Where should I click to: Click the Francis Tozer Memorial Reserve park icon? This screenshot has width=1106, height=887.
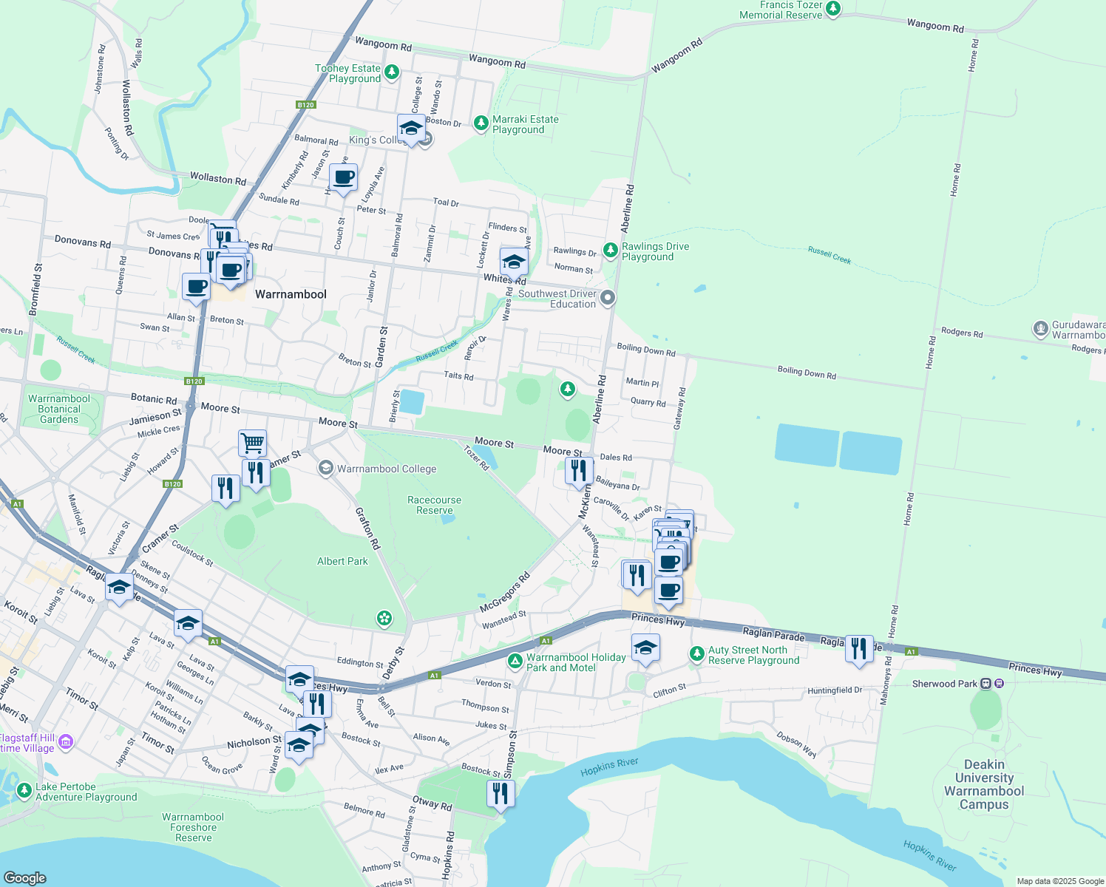click(x=833, y=9)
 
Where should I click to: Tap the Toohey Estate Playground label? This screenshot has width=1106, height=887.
click(x=348, y=73)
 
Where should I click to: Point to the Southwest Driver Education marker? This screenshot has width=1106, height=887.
click(x=608, y=298)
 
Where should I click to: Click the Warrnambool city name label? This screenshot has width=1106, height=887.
click(x=291, y=294)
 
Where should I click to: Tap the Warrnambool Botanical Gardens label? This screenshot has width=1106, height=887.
click(x=59, y=409)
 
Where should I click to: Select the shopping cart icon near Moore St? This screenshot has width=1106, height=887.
click(x=252, y=443)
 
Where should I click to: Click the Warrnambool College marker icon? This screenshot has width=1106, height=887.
click(x=325, y=468)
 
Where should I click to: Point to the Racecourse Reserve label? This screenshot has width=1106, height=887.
click(x=434, y=505)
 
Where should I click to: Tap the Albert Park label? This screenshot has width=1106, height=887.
click(x=342, y=561)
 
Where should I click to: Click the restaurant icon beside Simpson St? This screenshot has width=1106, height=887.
click(x=501, y=793)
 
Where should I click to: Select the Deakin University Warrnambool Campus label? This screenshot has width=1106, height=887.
click(x=983, y=784)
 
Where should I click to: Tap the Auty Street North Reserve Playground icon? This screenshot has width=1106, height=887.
click(x=696, y=653)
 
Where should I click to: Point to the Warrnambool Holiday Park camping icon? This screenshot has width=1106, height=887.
click(x=515, y=660)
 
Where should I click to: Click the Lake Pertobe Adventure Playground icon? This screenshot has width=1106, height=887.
click(x=24, y=791)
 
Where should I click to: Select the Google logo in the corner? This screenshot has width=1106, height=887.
click(x=25, y=877)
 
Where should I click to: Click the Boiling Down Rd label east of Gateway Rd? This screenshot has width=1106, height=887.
click(x=807, y=373)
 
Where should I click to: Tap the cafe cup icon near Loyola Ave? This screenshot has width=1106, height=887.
click(x=343, y=177)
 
